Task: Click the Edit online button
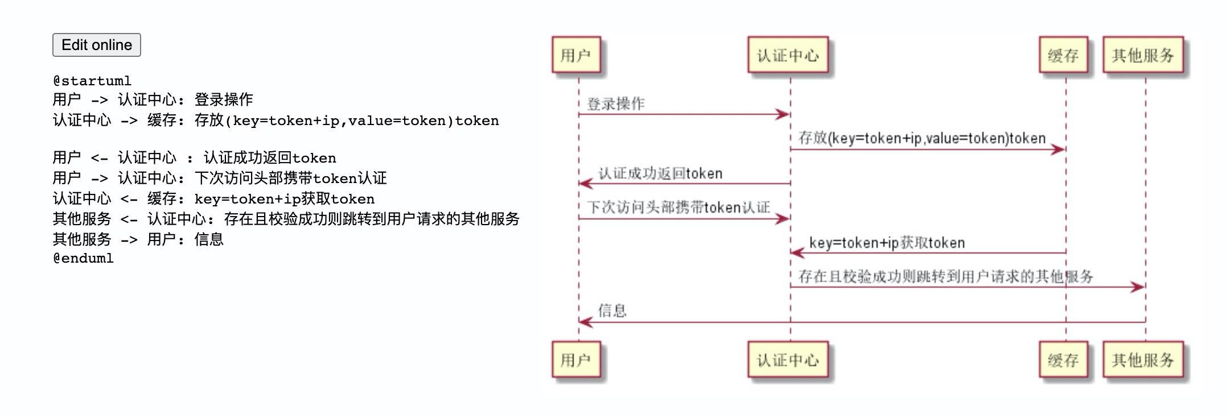point(96,45)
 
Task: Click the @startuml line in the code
point(92,81)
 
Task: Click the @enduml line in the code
point(83,258)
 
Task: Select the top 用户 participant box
point(575,55)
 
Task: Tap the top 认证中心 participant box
point(787,55)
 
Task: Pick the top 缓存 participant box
point(1063,55)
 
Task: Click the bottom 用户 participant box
point(575,360)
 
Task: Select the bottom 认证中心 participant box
point(787,360)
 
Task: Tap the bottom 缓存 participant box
point(1063,360)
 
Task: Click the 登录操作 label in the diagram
point(615,104)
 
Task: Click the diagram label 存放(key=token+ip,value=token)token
point(921,138)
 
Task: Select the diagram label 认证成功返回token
point(660,173)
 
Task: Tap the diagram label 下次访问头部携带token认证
point(678,208)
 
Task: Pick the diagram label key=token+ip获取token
point(886,243)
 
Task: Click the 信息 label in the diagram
point(612,310)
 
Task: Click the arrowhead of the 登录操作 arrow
point(784,115)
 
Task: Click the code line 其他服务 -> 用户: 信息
point(138,239)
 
